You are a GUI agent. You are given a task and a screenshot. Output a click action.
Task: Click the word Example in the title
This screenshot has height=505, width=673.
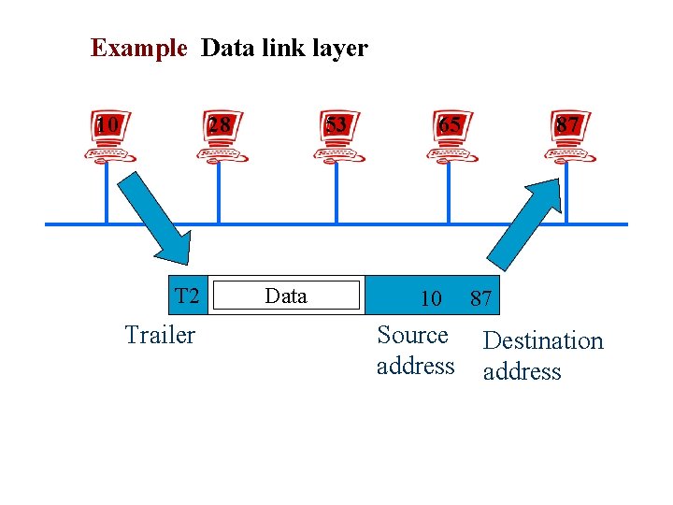(x=138, y=48)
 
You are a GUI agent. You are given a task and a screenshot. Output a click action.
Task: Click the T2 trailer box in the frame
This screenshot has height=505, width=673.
(x=187, y=296)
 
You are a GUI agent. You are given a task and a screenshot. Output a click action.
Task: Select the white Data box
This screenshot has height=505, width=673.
(x=285, y=296)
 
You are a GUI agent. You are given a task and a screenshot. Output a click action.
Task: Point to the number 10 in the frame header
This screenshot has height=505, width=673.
(x=430, y=298)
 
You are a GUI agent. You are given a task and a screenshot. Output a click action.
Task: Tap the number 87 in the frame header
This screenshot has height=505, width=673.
(x=480, y=298)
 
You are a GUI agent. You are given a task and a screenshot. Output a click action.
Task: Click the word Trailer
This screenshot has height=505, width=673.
(x=160, y=335)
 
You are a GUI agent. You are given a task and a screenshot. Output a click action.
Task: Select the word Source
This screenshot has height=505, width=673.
(x=412, y=335)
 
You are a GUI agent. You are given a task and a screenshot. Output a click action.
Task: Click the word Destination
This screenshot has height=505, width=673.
(x=543, y=340)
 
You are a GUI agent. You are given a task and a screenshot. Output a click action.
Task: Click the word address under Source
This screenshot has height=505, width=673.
(x=415, y=366)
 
